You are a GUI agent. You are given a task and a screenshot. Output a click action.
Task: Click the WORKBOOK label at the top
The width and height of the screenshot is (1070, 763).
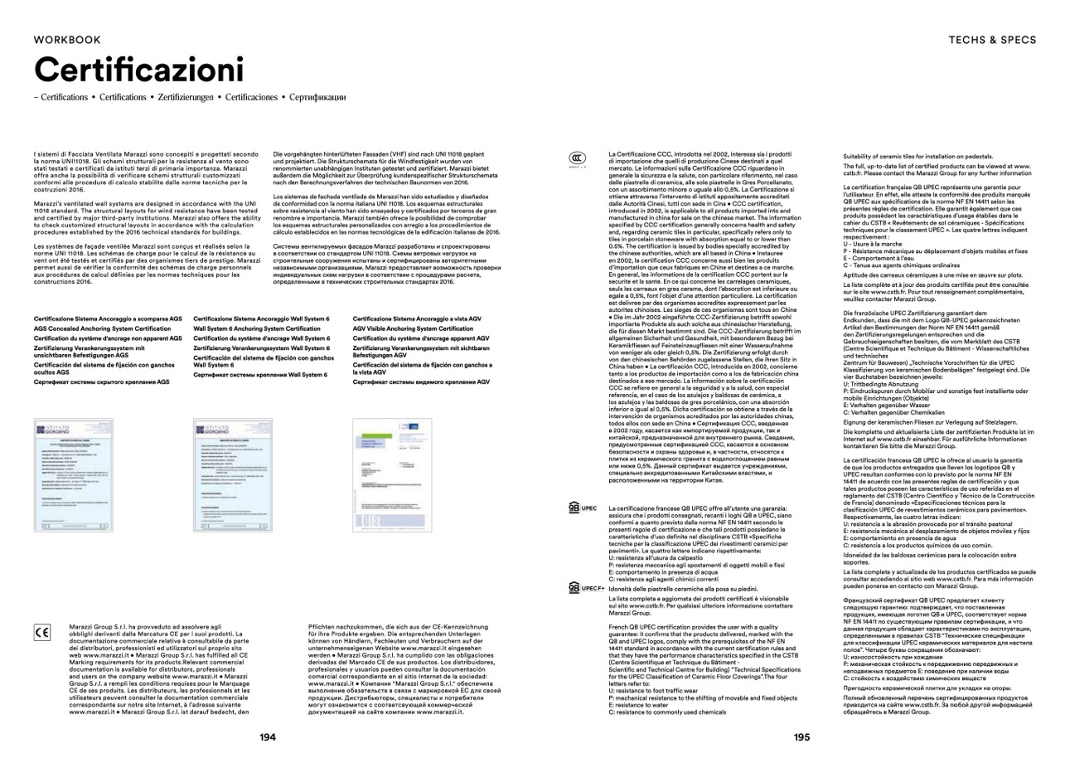point(67,40)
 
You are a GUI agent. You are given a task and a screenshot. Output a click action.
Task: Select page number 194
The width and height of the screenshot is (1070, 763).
point(267,737)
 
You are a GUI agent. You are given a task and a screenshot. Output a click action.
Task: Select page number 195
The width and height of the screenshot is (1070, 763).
point(801,737)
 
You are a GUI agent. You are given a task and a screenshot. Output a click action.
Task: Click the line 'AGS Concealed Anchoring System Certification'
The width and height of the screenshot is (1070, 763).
point(102,329)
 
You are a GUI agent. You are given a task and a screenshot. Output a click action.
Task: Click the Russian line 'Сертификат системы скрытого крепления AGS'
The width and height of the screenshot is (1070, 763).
point(101,382)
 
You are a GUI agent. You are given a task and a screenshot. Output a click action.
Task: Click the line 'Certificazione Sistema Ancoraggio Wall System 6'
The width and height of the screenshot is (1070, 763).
point(261,319)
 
